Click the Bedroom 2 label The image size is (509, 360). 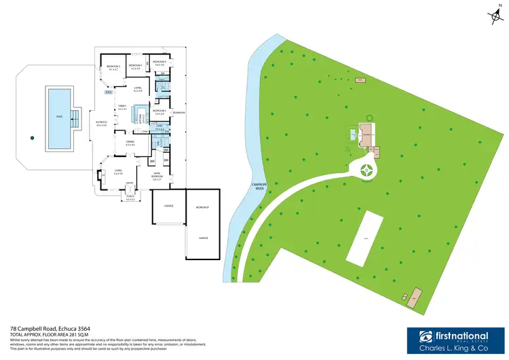point(113,67)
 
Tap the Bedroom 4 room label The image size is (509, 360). point(159,62)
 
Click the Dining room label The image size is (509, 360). point(130,143)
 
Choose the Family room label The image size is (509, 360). point(122,107)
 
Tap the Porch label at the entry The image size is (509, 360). point(130,198)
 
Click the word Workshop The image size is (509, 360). point(202,206)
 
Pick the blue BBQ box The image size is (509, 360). point(107,92)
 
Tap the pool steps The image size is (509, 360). point(75,118)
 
